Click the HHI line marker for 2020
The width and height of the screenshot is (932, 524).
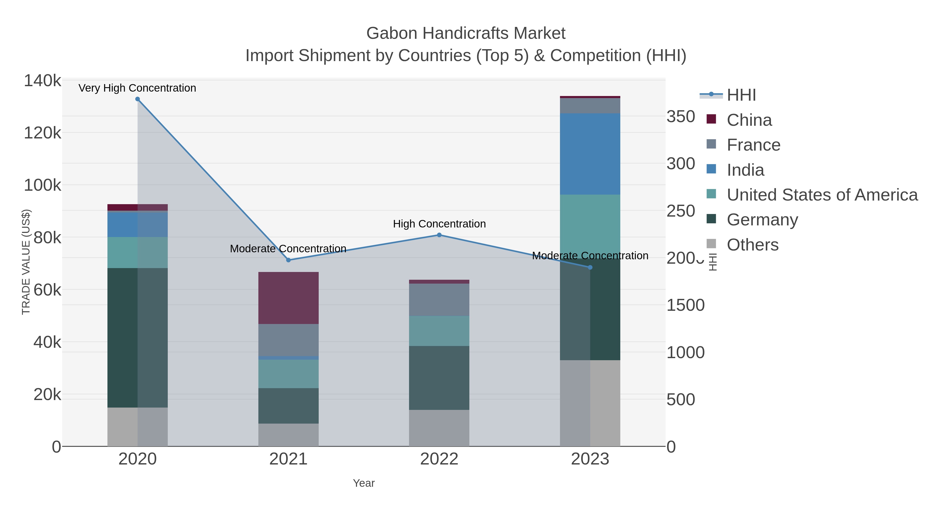pos(137,99)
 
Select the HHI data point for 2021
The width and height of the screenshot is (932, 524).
pos(288,260)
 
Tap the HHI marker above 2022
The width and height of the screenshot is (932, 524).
pos(439,235)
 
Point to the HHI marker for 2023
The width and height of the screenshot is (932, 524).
pos(590,268)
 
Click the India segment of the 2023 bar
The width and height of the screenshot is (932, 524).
pos(590,154)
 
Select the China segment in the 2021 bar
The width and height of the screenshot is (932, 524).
pos(288,298)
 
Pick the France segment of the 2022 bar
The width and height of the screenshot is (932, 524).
pos(439,300)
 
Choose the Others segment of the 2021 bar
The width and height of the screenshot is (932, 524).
pos(288,435)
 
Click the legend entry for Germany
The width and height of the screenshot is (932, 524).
pos(762,220)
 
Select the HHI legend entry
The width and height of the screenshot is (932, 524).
pos(741,95)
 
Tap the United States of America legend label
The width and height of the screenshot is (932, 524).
pos(822,195)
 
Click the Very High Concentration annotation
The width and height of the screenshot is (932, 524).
pos(137,88)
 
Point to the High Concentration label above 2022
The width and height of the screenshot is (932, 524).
pos(439,224)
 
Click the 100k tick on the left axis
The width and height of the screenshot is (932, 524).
pos(42,185)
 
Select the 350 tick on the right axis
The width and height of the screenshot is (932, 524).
pos(681,117)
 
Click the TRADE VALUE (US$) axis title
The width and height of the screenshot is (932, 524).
pos(26,262)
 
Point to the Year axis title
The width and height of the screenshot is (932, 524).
pos(364,483)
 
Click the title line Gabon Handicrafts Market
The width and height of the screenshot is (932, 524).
pos(466,33)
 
